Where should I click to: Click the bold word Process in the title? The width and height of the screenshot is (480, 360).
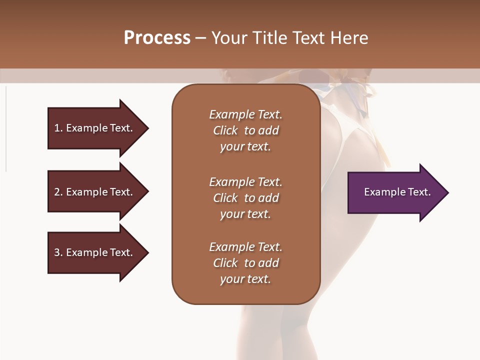click(x=157, y=38)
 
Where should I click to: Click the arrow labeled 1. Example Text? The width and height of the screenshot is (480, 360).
click(x=95, y=128)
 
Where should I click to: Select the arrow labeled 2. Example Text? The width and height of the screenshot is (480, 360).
click(x=95, y=192)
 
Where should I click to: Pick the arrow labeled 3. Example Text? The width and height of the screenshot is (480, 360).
click(x=95, y=252)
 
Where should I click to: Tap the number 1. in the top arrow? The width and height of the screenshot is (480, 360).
click(x=58, y=128)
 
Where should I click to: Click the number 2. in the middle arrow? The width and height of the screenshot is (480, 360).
click(x=58, y=192)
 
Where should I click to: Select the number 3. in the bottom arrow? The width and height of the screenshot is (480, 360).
click(x=58, y=252)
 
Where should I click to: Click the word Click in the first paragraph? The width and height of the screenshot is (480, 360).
click(x=225, y=130)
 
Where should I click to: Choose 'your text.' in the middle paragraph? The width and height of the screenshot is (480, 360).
click(x=245, y=214)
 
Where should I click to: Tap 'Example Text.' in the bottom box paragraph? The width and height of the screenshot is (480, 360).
click(x=245, y=247)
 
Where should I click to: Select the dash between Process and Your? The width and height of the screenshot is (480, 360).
click(x=201, y=38)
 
